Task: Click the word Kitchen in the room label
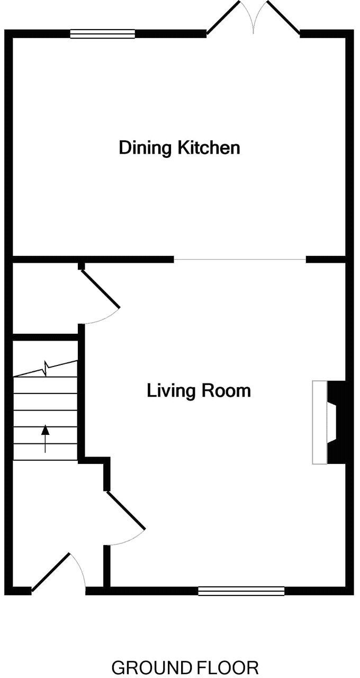209,147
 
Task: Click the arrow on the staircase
45,438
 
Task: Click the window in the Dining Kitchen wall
103,34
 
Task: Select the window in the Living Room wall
241,591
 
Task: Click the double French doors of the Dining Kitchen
254,19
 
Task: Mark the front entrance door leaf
51,572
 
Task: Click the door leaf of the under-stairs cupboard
100,289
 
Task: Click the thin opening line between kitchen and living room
240,260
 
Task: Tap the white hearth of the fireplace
320,422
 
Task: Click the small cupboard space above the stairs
45,299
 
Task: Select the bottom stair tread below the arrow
45,452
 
